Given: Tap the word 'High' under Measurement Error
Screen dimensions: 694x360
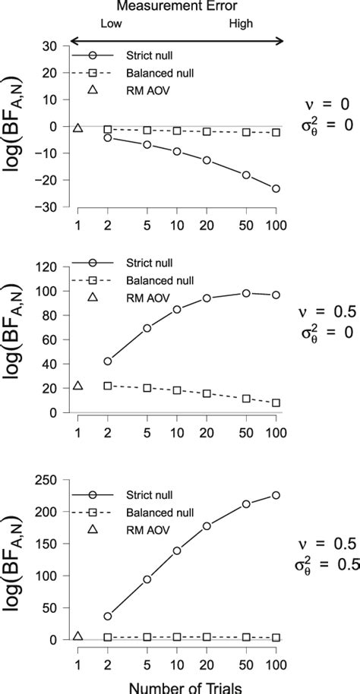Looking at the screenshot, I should click(242, 24).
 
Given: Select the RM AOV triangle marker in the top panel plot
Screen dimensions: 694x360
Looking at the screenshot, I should click(77, 128).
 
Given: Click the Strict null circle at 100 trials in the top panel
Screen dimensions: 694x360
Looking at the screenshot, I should click(276, 188).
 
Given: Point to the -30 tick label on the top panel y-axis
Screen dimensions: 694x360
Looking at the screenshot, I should click(49, 207).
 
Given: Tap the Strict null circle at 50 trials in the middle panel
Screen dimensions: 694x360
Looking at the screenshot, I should click(245, 293).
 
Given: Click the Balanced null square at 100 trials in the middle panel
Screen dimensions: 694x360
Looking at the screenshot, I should click(276, 403).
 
